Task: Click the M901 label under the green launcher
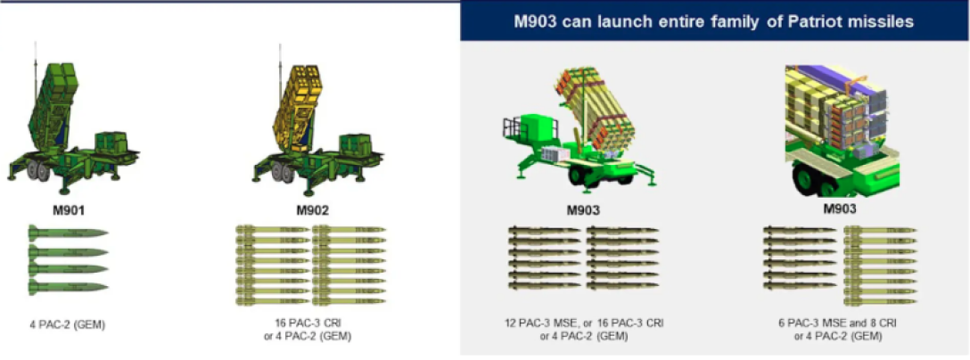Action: (x=69, y=211)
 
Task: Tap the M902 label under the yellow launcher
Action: (x=312, y=211)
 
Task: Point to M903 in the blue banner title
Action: (x=536, y=22)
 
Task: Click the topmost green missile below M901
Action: (x=68, y=233)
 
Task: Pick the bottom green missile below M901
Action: (x=68, y=287)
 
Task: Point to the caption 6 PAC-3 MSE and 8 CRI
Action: (x=838, y=324)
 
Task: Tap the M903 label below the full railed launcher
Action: (x=584, y=211)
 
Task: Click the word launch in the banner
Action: (x=611, y=22)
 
